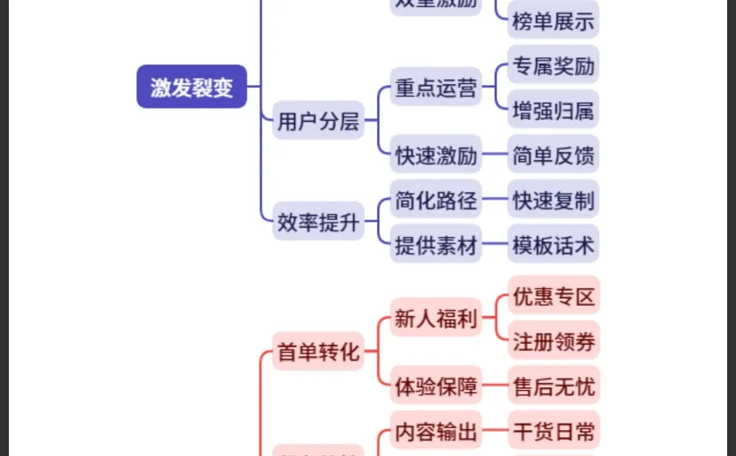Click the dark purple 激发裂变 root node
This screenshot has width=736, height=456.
[191, 87]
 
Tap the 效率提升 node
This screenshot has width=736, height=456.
[318, 221]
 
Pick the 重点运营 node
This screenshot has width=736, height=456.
[435, 87]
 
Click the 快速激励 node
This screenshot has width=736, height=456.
[435, 155]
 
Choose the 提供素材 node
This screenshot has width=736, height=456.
[435, 244]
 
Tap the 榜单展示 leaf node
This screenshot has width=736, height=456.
[553, 20]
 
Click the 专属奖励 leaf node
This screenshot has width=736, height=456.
[553, 65]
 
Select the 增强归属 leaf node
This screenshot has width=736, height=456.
[553, 110]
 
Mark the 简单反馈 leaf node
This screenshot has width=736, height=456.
[553, 155]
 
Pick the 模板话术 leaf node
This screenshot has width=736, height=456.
[553, 244]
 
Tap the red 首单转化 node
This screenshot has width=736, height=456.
[318, 352]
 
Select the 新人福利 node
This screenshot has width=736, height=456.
[435, 318]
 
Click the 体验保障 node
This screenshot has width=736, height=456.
[435, 386]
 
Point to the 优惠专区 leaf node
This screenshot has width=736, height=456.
[553, 296]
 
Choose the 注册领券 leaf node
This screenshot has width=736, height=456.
[553, 341]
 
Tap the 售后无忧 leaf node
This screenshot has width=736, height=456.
[553, 386]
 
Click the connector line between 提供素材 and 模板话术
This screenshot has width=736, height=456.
[495, 244]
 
